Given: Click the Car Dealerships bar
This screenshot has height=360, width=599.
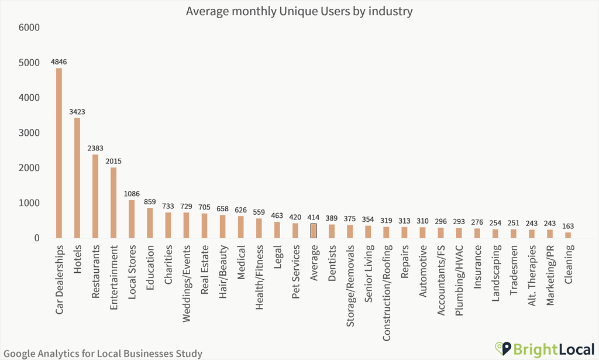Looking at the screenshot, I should coord(59,153).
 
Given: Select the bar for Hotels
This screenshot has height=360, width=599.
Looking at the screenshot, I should coord(77,178).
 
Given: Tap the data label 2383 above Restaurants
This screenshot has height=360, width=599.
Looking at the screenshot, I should coord(95,148).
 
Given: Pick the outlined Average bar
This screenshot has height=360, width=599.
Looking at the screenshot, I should coord(314,231).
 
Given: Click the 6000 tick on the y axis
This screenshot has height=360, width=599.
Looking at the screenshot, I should coord(29,28).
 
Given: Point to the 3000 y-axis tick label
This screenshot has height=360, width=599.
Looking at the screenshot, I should coord(29,133).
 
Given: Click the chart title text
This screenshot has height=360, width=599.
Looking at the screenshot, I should coord(299,11).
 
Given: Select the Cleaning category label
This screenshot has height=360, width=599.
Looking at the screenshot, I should coord(569,264).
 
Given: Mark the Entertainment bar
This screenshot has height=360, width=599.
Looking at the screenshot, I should coord(113,203).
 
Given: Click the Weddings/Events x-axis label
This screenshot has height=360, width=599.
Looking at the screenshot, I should coord(187,275).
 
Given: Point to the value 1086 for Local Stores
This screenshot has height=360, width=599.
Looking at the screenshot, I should coord(132,194).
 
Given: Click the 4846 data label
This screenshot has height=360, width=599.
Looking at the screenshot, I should coord(59,61).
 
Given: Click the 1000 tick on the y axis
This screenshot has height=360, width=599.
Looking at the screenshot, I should coord(29,203).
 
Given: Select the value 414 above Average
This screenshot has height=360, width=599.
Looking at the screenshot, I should coord(314,217).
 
